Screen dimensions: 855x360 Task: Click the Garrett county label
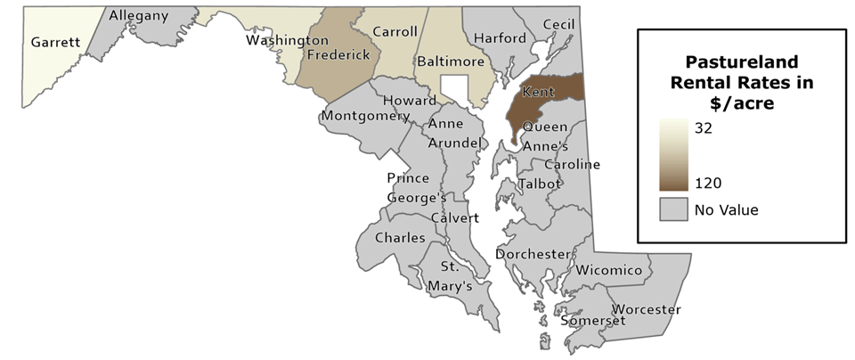pyautogui.click(x=56, y=42)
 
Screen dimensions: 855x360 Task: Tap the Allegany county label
pyautogui.click(x=139, y=15)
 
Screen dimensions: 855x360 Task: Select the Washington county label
pyautogui.click(x=287, y=40)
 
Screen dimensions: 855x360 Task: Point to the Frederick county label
pyautogui.click(x=338, y=55)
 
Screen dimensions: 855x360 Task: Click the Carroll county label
pyautogui.click(x=394, y=32)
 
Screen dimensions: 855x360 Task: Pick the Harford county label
pyautogui.click(x=500, y=38)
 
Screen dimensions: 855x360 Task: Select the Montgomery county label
pyautogui.click(x=365, y=116)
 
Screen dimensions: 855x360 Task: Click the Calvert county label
pyautogui.click(x=454, y=218)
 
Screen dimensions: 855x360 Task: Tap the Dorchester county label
pyautogui.click(x=532, y=254)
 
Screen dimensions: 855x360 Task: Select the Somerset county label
pyautogui.click(x=589, y=320)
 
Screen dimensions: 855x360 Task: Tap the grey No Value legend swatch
pyautogui.click(x=673, y=210)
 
